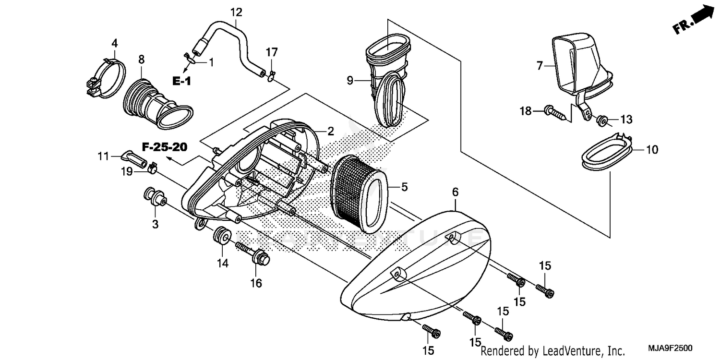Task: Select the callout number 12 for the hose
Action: (236, 12)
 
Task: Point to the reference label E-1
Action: (181, 81)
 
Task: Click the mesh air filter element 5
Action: (358, 194)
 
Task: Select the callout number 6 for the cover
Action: (455, 192)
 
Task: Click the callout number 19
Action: (126, 171)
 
